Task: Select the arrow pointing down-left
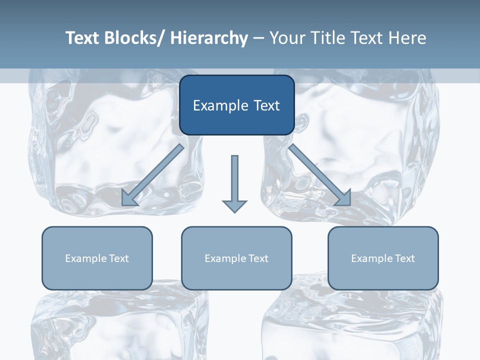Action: coord(152,175)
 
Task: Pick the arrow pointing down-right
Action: coord(320,175)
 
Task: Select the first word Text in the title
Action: coord(82,38)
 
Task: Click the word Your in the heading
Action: coord(286,38)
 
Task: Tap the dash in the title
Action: coord(258,38)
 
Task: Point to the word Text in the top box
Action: coord(265,106)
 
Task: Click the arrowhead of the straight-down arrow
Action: coord(234,205)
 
